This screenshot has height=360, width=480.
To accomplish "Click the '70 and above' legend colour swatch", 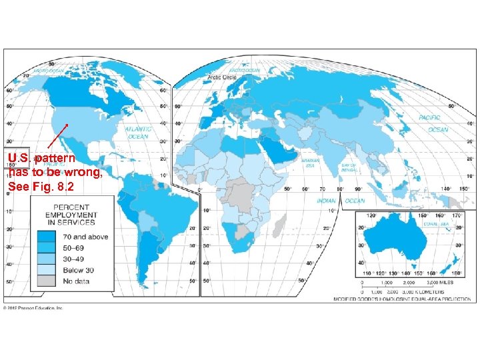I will [x=47, y=237].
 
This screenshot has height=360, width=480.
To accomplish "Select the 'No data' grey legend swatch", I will [x=47, y=282].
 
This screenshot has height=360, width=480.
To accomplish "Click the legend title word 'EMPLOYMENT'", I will [x=71, y=215].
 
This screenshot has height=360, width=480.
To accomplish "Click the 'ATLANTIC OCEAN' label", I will [x=138, y=132].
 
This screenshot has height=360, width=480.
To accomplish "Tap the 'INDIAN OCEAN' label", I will [x=336, y=201].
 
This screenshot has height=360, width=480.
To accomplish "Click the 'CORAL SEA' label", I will [x=435, y=225].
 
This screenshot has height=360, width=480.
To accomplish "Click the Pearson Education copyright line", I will [x=33, y=308].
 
